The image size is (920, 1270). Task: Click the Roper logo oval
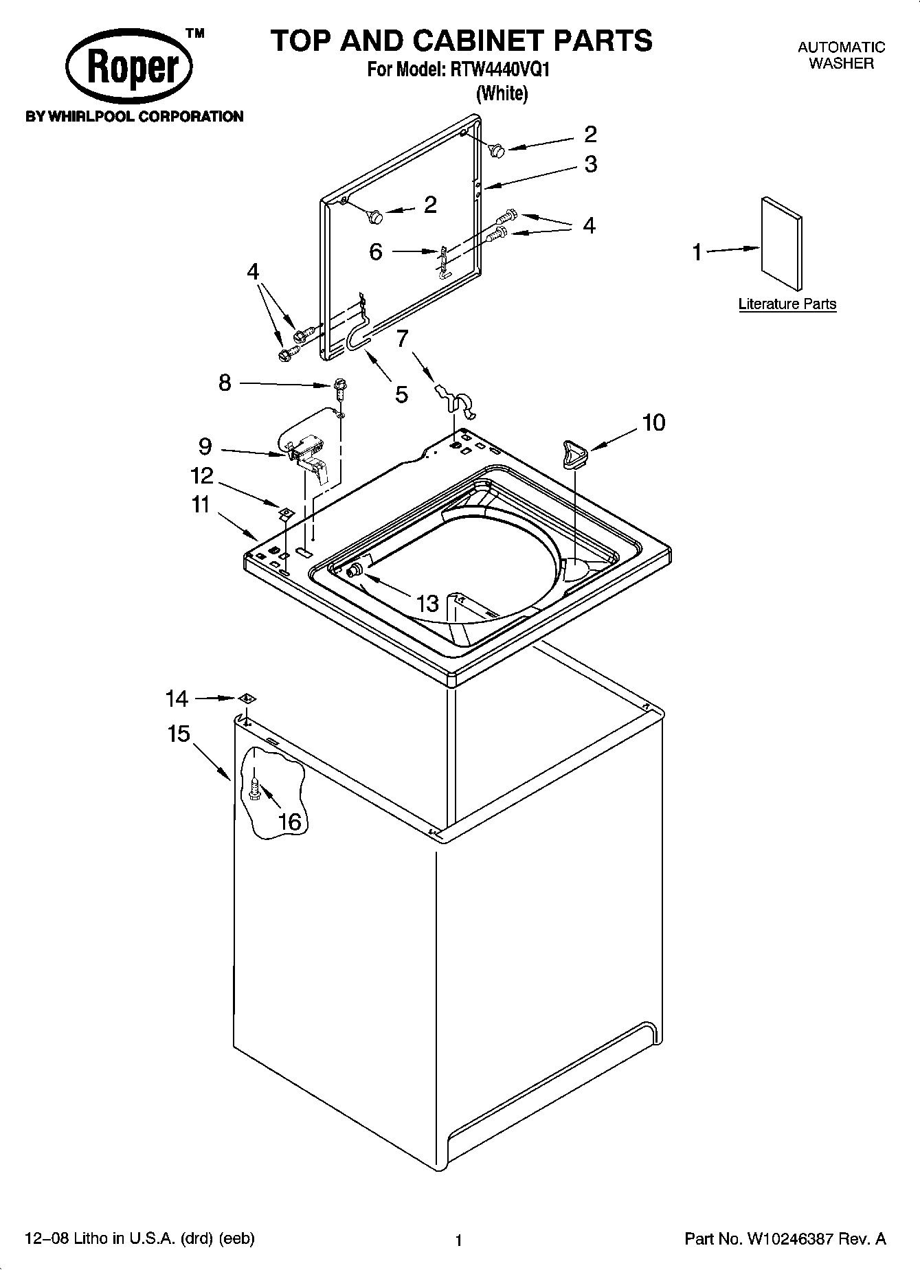pos(129,69)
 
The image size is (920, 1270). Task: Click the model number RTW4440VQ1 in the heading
pos(500,69)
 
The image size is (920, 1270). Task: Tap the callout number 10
pos(653,422)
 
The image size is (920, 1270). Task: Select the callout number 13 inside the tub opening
pos(427,604)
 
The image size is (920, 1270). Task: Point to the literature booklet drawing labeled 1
pos(781,244)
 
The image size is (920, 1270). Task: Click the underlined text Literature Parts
pos(787,304)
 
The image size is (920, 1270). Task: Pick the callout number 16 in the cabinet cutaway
pos(291,821)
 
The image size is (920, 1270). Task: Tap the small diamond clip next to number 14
pos(247,699)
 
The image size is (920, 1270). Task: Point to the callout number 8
pos(225,383)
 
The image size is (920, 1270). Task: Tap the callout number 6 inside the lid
pos(375,252)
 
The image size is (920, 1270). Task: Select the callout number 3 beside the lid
pos(590,164)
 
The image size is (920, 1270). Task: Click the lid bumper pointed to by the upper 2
pos(498,149)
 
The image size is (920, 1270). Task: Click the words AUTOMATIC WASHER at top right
pos(840,55)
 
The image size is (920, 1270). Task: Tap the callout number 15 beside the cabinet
pos(179,734)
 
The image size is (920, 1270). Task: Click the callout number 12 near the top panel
pos(201,475)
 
